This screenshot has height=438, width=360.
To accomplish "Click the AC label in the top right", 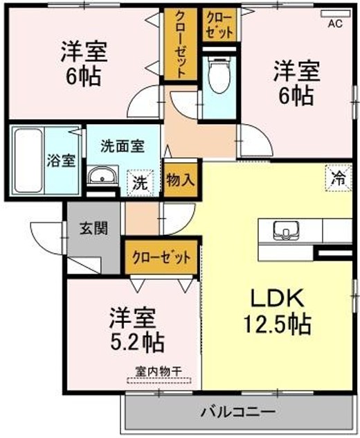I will pyautogui.click(x=334, y=24).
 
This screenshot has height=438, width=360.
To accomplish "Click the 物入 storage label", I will pyautogui.click(x=180, y=179).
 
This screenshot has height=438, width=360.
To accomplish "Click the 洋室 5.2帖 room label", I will pyautogui.click(x=136, y=329).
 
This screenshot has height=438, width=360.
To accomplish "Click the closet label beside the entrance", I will pyautogui.click(x=161, y=257).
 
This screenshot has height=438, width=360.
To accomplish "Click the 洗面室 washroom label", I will pyautogui.click(x=122, y=146).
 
